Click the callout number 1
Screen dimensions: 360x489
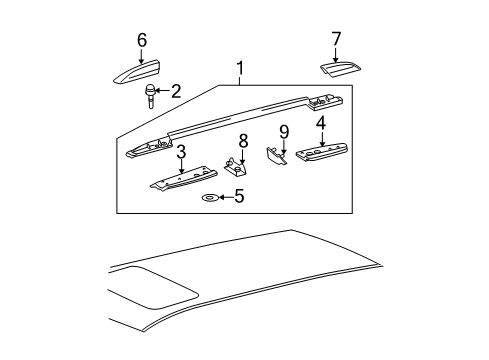[x=240, y=70]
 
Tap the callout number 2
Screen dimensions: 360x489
[x=176, y=92]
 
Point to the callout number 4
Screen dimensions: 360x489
[x=321, y=124]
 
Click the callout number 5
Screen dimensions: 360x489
[x=237, y=197]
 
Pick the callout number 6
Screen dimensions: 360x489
[x=142, y=39]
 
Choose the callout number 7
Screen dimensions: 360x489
[x=336, y=39]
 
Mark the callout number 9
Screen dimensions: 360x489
[x=284, y=130]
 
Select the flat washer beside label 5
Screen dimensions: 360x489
[x=210, y=198]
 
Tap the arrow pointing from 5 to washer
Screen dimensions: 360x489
[x=224, y=198]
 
